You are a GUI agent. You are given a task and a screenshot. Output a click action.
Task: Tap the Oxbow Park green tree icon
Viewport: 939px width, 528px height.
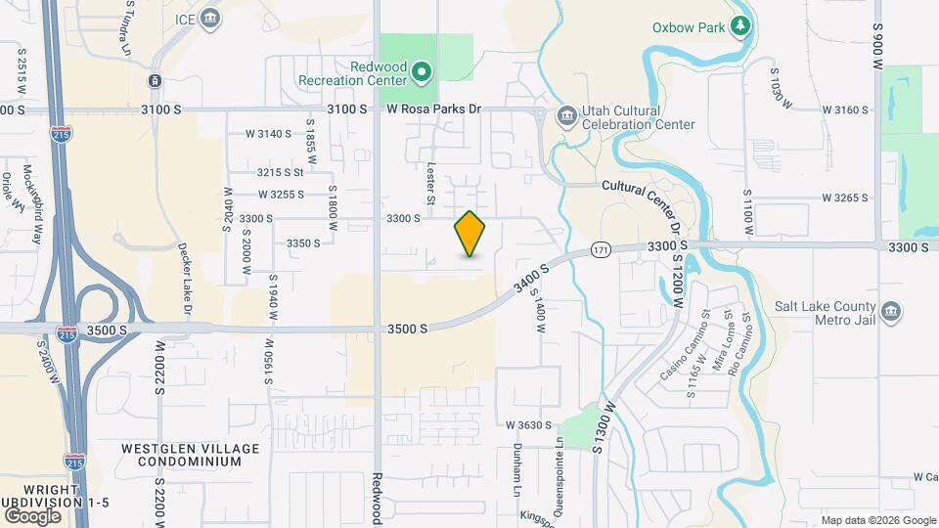pyautogui.click(x=741, y=26)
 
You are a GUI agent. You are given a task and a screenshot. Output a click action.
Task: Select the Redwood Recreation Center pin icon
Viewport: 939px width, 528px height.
pyautogui.click(x=422, y=71)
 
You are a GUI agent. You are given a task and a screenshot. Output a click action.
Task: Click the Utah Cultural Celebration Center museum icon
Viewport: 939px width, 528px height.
pyautogui.click(x=566, y=117)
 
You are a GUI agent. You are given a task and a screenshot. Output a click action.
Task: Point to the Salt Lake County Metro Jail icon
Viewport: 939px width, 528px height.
pyautogui.click(x=890, y=312)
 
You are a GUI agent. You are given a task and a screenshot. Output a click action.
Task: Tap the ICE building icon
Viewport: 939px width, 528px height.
pyautogui.click(x=210, y=18)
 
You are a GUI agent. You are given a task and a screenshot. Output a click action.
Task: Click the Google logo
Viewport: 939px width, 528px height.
pyautogui.click(x=32, y=515)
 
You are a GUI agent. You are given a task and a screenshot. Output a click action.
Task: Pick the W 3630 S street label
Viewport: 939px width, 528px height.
pyautogui.click(x=528, y=425)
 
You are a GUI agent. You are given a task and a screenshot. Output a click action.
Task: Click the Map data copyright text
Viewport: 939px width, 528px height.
pyautogui.click(x=877, y=520)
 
